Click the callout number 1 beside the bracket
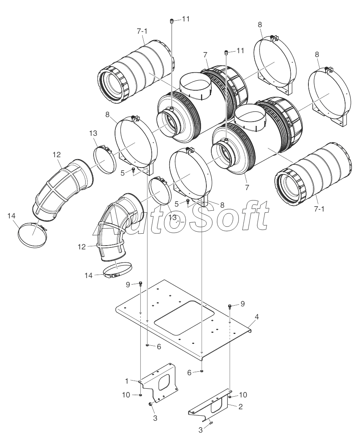[126, 381]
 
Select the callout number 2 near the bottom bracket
[240, 407]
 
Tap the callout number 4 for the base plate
[257, 317]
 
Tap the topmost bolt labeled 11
[172, 21]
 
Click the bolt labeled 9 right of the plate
[229, 306]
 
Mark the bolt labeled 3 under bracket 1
[150, 405]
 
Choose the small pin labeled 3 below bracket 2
[211, 423]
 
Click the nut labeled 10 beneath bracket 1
[141, 395]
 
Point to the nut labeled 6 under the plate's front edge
[202, 371]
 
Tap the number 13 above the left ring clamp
[93, 133]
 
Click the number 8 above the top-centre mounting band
[260, 24]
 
